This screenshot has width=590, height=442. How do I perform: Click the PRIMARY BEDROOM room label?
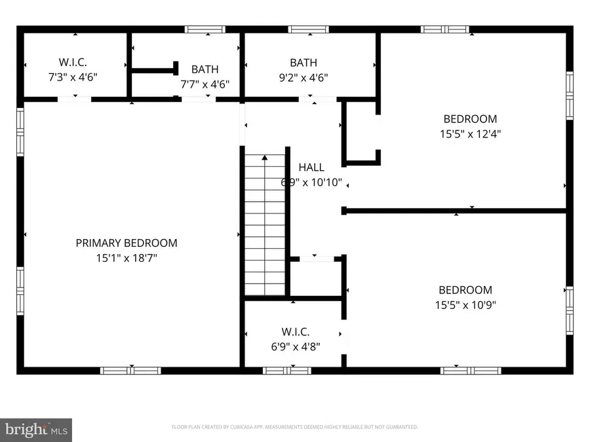pyautogui.click(x=127, y=243)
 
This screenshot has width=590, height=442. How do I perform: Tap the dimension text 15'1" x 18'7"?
pyautogui.click(x=127, y=258)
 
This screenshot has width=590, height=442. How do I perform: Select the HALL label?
pyautogui.click(x=311, y=168)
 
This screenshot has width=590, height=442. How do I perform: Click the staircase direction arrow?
pyautogui.click(x=265, y=157)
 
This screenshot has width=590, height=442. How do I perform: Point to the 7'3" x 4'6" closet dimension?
pyautogui.click(x=74, y=77)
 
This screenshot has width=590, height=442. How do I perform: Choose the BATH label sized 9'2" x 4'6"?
pyautogui.click(x=304, y=63)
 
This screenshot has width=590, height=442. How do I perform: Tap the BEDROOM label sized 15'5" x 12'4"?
pyautogui.click(x=470, y=119)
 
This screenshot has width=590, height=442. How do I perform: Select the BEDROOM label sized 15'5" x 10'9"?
pyautogui.click(x=465, y=290)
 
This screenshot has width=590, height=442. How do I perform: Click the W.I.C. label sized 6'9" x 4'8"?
pyautogui.click(x=295, y=332)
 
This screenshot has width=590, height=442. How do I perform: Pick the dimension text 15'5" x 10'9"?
pyautogui.click(x=465, y=304)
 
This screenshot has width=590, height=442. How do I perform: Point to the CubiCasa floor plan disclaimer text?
pyautogui.click(x=295, y=427)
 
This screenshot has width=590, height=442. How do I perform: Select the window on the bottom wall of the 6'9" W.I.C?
pyautogui.click(x=286, y=370)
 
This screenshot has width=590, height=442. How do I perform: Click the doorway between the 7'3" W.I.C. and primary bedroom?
pyautogui.click(x=74, y=99)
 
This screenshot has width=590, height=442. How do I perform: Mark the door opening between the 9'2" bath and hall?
pyautogui.click(x=313, y=99)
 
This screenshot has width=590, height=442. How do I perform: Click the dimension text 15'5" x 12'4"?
pyautogui.click(x=470, y=134)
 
